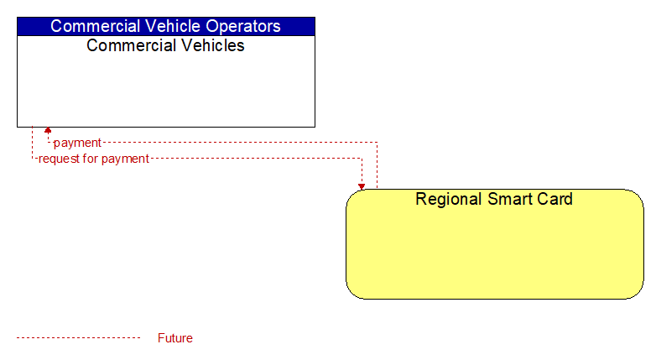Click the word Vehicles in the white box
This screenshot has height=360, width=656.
coord(213,45)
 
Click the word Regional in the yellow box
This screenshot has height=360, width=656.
coord(446,199)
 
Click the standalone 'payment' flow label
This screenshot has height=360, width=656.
coord(77,143)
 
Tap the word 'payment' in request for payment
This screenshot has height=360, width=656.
coord(125,159)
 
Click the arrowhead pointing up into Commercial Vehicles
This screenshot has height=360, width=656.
coord(48,130)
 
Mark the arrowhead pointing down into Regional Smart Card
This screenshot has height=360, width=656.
coord(362,186)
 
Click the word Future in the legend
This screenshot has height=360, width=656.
coord(175,338)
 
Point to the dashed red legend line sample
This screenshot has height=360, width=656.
coord(79,338)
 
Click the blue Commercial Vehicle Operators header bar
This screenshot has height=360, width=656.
coord(166,26)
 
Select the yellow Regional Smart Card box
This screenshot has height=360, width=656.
coord(495,244)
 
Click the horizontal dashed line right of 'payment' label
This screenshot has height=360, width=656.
coord(240,143)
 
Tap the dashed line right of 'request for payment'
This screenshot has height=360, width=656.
coord(256,159)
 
